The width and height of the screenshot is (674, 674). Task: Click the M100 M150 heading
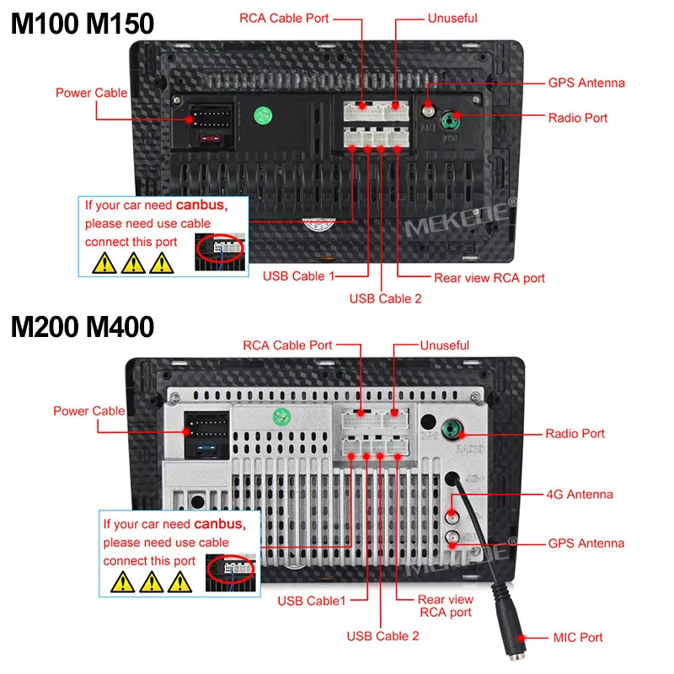click(82, 23)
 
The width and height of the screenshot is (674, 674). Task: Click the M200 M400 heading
click(82, 326)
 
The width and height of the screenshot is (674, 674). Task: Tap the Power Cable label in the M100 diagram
click(92, 93)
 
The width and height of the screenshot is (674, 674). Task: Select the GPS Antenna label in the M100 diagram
click(586, 83)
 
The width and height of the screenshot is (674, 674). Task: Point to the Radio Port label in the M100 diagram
click(578, 118)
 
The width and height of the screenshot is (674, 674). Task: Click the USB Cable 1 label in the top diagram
click(299, 276)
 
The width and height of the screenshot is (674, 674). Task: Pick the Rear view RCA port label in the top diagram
click(489, 278)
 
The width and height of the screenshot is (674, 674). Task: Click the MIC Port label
click(578, 637)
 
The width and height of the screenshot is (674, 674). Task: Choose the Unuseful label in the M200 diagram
click(445, 345)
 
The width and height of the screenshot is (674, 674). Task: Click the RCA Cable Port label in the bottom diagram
click(287, 345)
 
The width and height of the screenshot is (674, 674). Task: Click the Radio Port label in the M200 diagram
click(575, 434)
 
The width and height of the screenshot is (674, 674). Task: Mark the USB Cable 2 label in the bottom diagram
click(382, 636)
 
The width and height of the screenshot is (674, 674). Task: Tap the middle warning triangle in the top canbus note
click(132, 264)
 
